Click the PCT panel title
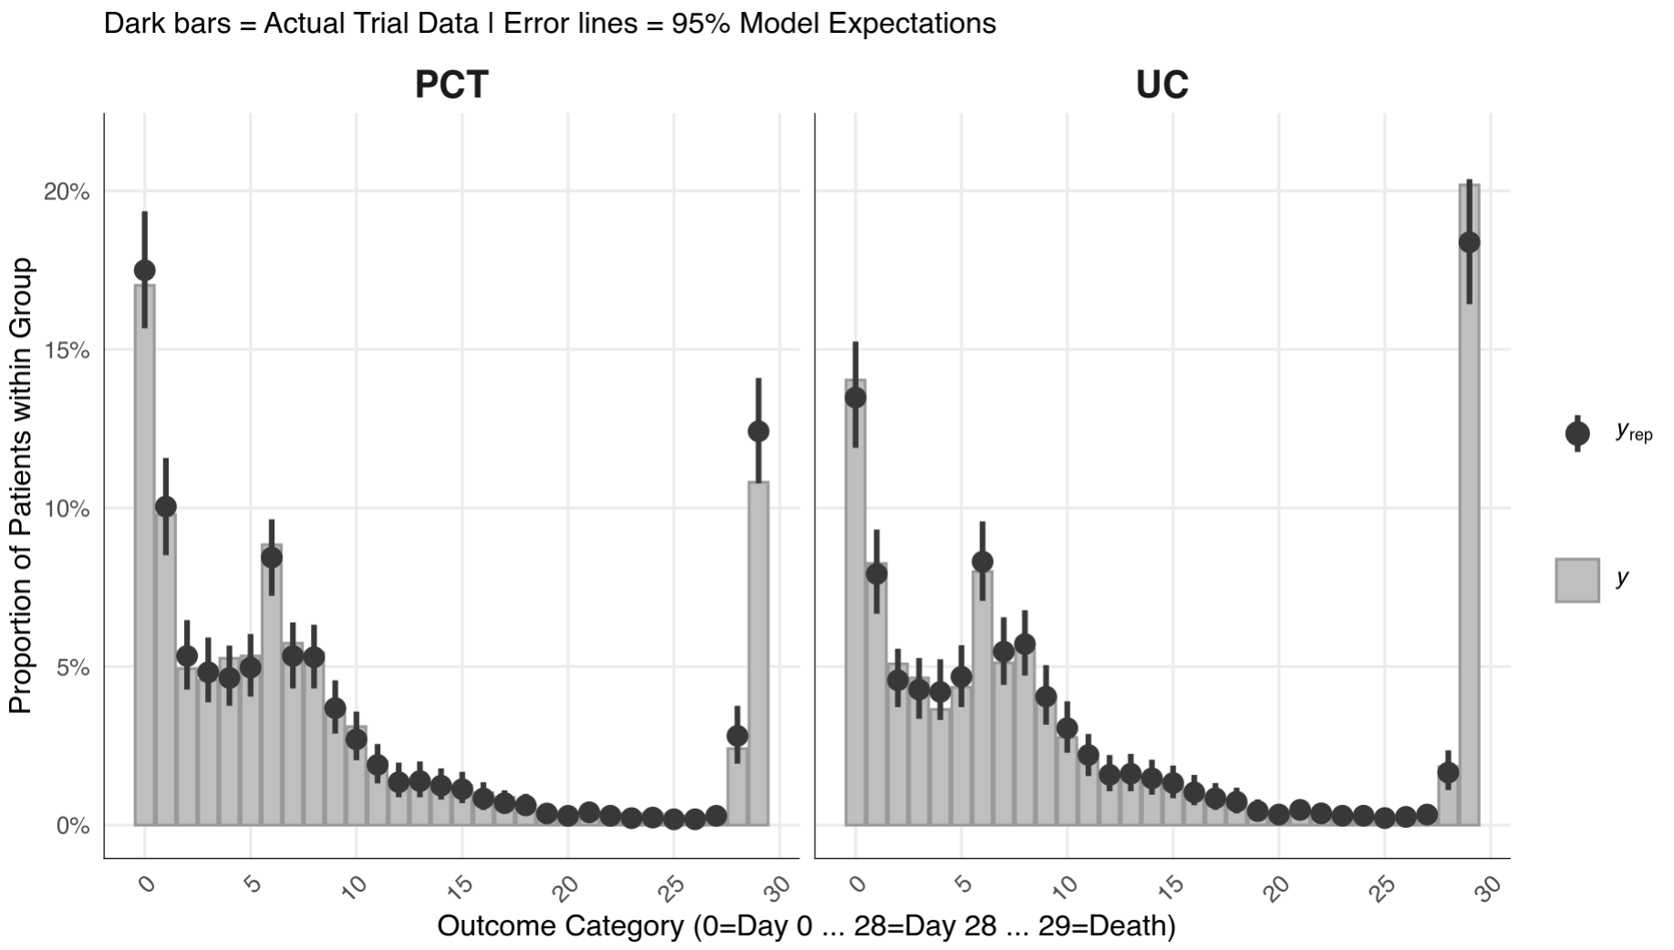451,85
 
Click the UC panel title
1162,85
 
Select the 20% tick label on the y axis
67,192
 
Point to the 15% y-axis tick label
67,351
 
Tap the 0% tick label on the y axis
72,826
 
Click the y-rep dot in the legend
1576,433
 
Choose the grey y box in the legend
1576,580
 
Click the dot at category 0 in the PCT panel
145,270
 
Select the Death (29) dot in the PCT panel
759,430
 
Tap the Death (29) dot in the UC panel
1469,243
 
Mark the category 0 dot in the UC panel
855,398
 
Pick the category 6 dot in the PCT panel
272,558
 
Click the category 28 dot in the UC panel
1448,772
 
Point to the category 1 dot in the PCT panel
166,507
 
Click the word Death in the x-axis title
1127,926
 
